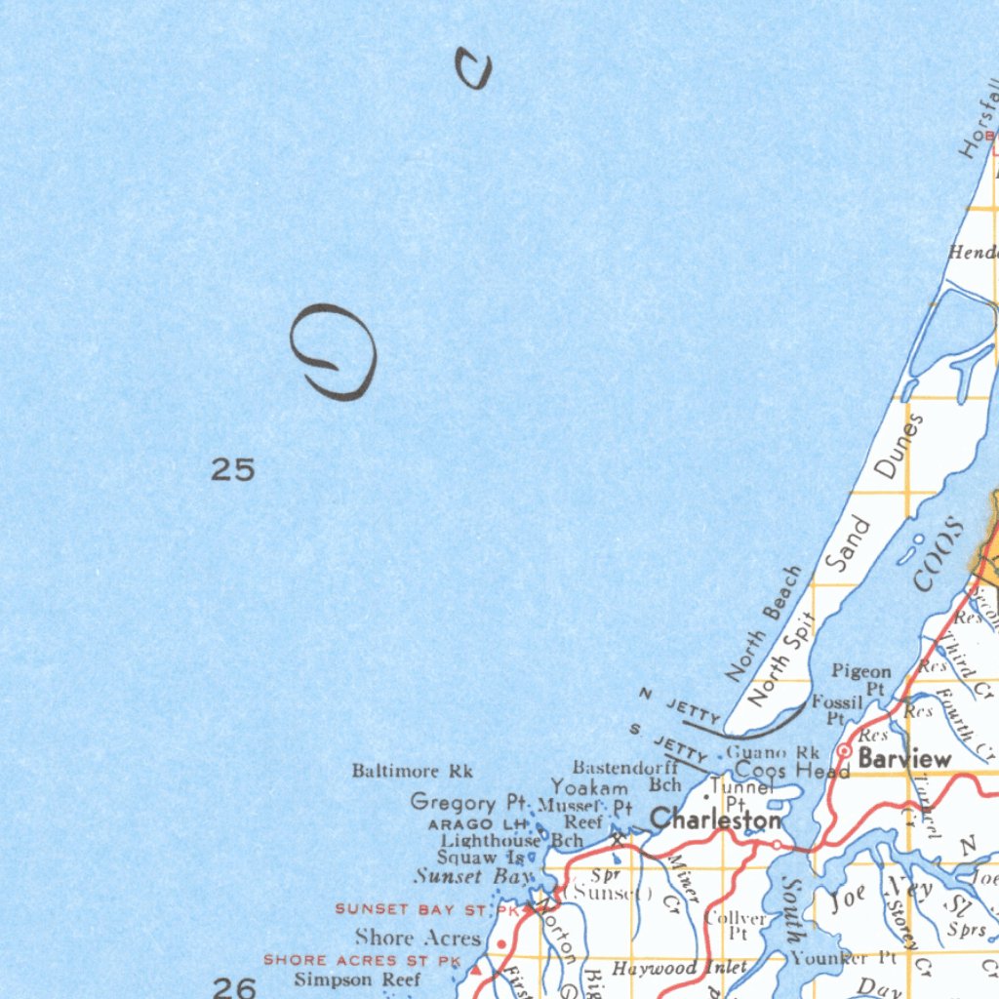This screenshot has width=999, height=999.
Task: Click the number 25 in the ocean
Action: (233, 470)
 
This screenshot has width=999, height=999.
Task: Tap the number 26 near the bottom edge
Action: (234, 987)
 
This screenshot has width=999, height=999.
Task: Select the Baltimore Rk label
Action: (412, 772)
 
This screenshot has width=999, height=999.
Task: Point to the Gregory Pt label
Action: (468, 802)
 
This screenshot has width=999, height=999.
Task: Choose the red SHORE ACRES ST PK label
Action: (361, 961)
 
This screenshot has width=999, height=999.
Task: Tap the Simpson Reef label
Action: (357, 979)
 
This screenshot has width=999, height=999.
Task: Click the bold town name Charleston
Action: (716, 819)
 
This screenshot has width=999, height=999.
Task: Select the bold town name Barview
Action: (904, 759)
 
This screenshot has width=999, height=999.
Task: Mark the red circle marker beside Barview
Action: (844, 750)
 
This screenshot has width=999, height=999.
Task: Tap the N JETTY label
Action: (680, 707)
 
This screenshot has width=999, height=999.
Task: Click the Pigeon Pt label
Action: (861, 679)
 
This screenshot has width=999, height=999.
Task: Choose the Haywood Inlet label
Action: (679, 969)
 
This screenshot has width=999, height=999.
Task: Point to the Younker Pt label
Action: (843, 958)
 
